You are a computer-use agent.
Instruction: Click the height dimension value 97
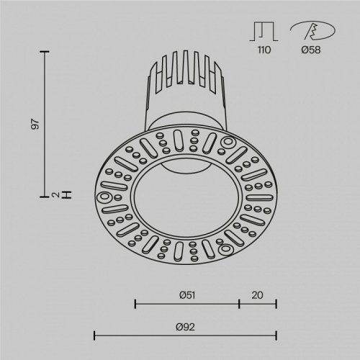[x=34, y=123]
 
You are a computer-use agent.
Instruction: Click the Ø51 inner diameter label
[x=187, y=295]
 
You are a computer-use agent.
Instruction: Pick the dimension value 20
[x=258, y=295]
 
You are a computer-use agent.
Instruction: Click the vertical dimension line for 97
[x=46, y=122]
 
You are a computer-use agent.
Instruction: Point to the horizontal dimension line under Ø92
[x=186, y=335]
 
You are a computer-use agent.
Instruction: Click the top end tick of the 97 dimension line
[x=46, y=52]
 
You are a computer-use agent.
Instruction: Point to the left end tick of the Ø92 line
[x=96, y=335]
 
